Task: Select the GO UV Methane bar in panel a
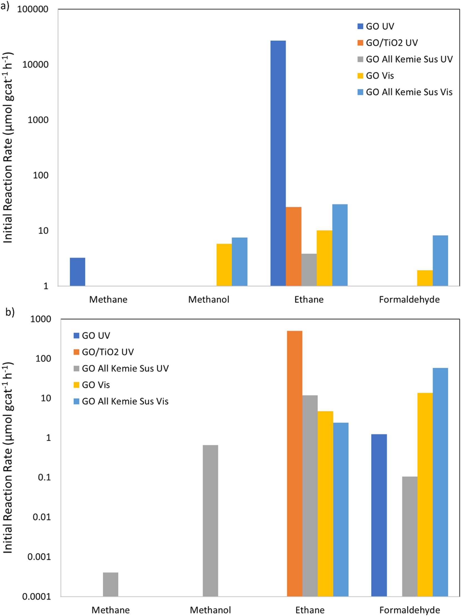(77, 272)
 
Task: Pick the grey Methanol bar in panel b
(210, 521)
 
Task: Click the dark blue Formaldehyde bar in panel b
(379, 515)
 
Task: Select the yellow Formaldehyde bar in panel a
(425, 278)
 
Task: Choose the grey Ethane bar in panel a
(309, 270)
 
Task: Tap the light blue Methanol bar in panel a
(239, 261)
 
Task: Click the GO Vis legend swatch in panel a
(360, 76)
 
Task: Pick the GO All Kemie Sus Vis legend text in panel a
(409, 92)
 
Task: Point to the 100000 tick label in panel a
(33, 9)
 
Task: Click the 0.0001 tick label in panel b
(36, 596)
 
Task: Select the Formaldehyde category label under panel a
(409, 300)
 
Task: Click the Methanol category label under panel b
(210, 610)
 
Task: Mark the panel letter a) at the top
(5, 6)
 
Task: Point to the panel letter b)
(10, 312)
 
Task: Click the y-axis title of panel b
(8, 457)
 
